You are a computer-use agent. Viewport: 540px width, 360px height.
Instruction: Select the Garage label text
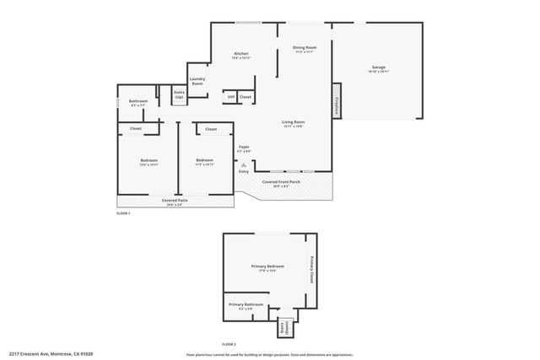(379, 68)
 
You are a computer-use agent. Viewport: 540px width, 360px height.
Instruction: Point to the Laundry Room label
(197, 81)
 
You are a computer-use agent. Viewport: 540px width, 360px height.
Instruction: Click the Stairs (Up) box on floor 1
(179, 95)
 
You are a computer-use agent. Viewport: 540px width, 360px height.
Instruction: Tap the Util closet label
(230, 97)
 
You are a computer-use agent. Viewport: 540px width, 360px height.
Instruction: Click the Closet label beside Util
(245, 97)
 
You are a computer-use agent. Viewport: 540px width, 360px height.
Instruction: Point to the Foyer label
(243, 148)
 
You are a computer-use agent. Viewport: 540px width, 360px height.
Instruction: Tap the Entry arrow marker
(243, 165)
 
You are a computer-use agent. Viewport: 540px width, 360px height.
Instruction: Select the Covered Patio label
(174, 201)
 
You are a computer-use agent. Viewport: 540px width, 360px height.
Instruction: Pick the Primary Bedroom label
(267, 267)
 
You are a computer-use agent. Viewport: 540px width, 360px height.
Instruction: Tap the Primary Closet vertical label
(311, 271)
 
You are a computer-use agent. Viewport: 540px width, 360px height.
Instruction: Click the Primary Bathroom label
(246, 305)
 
